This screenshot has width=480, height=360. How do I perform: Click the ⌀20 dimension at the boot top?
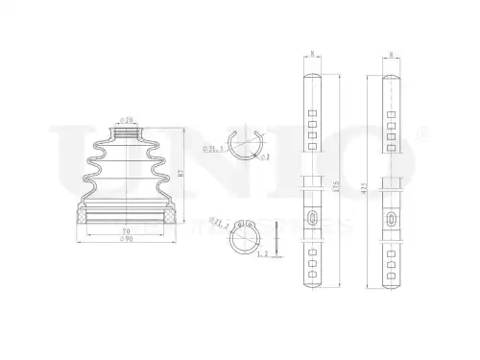125,121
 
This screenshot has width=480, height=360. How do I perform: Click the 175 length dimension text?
333,184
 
